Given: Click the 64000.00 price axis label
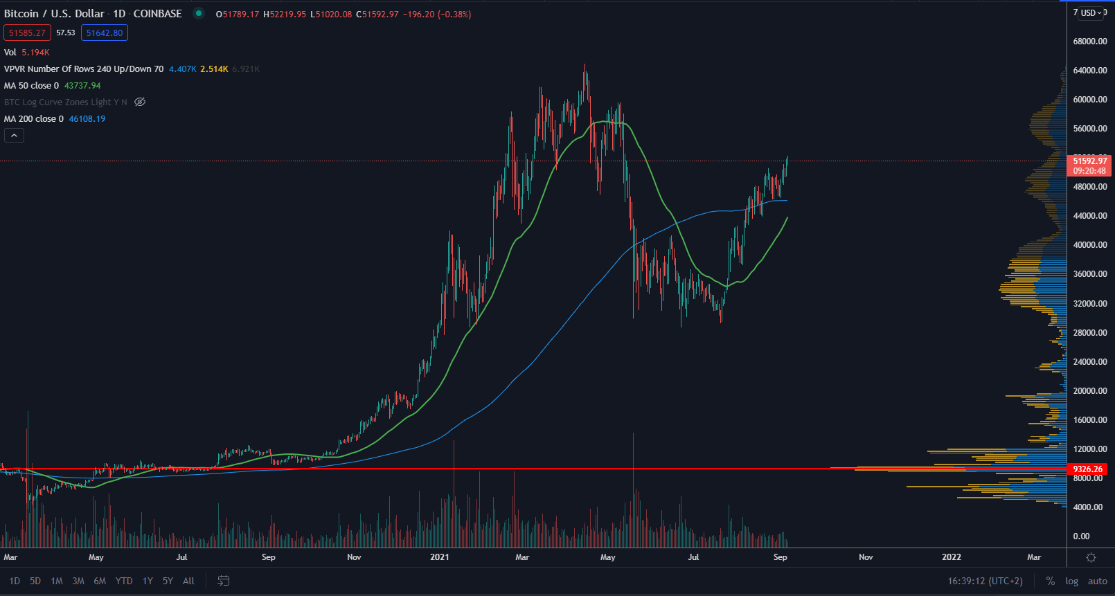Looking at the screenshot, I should point(1090,71).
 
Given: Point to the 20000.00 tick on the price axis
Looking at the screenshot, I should point(1090,391).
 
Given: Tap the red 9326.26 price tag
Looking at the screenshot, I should point(1087,469).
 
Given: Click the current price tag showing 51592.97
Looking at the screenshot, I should point(1090,161).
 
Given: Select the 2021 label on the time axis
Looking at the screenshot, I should point(439,557).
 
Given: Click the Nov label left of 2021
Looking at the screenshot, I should point(354,557).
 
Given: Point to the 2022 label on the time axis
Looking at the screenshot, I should point(951,557).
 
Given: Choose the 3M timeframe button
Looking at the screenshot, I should point(78,581).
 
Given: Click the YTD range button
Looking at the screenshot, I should point(124,581).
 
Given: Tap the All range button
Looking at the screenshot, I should point(188,581).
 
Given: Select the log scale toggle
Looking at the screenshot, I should point(1071,581).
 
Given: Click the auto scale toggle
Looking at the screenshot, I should point(1097,581).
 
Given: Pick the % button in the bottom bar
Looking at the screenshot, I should point(1051,581).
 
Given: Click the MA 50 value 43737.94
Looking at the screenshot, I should point(82,86).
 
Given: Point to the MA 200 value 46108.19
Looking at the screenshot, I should point(87,119).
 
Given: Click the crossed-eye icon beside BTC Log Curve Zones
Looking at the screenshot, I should point(140,102).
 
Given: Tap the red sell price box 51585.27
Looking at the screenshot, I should point(27,33).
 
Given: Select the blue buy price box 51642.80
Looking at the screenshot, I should point(105,33).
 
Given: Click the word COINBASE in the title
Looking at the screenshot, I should point(157,14).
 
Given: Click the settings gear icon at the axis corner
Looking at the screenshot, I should point(1091,558).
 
